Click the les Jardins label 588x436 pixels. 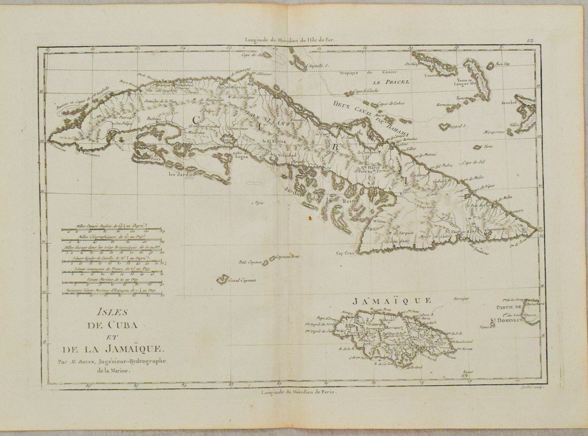[181, 175]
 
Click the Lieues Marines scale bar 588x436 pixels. [112, 283]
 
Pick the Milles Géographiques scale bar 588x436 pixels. [112, 241]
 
